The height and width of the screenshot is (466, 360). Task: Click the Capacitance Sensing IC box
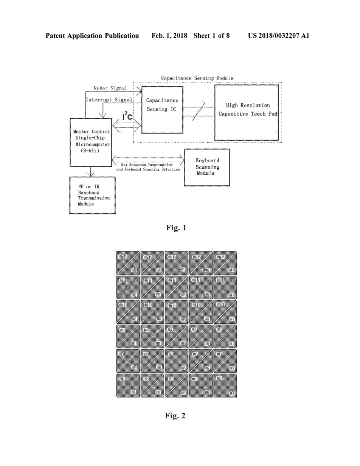pyautogui.click(x=162, y=109)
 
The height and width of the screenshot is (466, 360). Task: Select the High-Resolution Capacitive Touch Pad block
pyautogui.click(x=247, y=112)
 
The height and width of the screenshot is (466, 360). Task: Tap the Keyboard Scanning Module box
pyautogui.click(x=206, y=167)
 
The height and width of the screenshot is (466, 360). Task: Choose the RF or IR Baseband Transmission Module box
pyautogui.click(x=92, y=195)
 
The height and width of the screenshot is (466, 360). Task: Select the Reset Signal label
pyautogui.click(x=110, y=88)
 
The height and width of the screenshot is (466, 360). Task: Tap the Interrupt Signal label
pyautogui.click(x=109, y=99)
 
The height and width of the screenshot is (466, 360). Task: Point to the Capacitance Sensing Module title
pyautogui.click(x=197, y=78)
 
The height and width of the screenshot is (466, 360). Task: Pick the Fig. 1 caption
pyautogui.click(x=176, y=228)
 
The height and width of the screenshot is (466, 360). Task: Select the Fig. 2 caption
pyautogui.click(x=175, y=416)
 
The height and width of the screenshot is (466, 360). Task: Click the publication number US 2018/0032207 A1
pyautogui.click(x=279, y=36)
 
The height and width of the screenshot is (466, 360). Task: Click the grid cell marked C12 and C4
pyautogui.click(x=128, y=263)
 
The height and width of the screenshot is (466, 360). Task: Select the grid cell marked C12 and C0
pyautogui.click(x=225, y=263)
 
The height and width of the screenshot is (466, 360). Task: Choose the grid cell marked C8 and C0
pyautogui.click(x=225, y=385)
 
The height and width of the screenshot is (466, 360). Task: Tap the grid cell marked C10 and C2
pyautogui.click(x=177, y=312)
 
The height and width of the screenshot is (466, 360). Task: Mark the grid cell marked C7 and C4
pyautogui.click(x=128, y=361)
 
